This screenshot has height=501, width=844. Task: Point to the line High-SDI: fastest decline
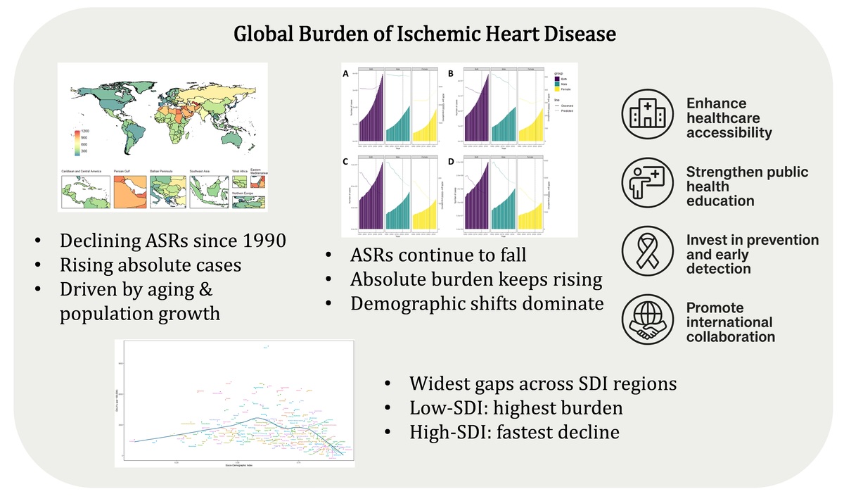coord(515,431)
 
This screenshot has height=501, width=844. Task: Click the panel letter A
coord(345,73)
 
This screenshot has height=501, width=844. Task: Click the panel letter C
coord(345,161)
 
